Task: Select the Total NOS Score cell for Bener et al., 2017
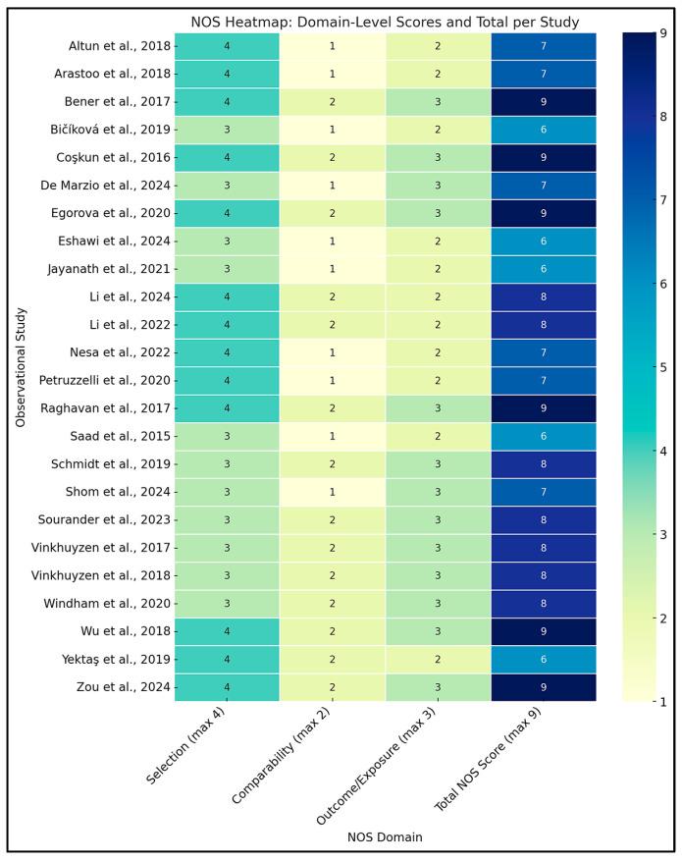click(x=543, y=100)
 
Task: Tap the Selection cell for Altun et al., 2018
click(x=227, y=45)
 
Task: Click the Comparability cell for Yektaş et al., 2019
click(x=333, y=659)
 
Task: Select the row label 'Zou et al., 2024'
click(x=122, y=686)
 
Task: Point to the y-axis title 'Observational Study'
click(x=21, y=366)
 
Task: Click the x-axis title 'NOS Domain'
click(x=385, y=837)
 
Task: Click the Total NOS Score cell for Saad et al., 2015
click(x=543, y=435)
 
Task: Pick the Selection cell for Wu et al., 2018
click(x=227, y=630)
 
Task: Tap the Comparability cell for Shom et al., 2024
click(x=333, y=491)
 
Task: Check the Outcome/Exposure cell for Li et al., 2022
click(x=438, y=324)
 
